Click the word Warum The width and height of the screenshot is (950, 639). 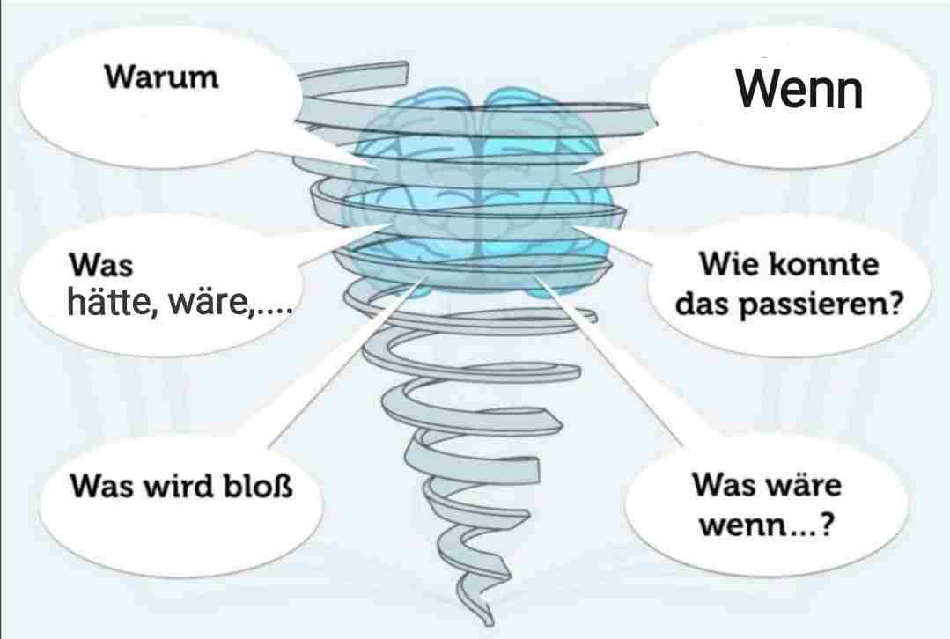coord(161,77)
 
